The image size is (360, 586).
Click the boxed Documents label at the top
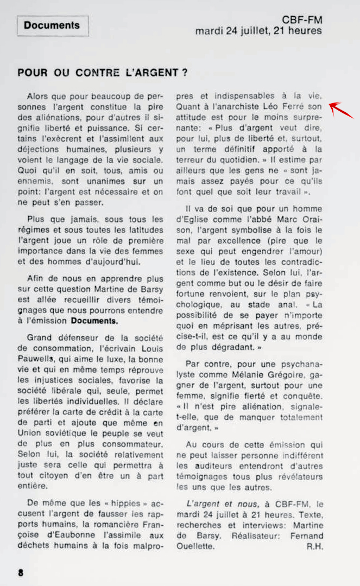coord(52,25)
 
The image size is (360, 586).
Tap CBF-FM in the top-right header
coord(302,20)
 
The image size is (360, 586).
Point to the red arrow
coord(341,110)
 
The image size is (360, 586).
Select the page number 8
coord(20,572)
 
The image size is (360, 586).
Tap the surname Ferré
coord(292,107)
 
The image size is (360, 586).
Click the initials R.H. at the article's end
coord(314,546)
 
